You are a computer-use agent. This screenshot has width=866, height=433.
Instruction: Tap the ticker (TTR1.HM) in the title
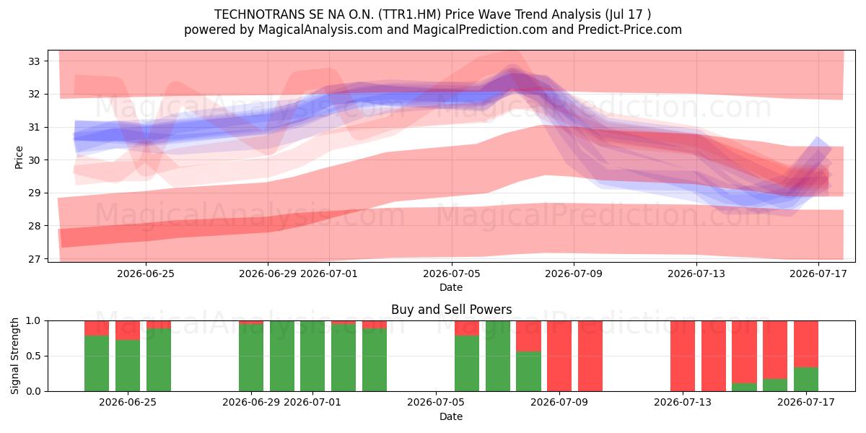click(x=409, y=14)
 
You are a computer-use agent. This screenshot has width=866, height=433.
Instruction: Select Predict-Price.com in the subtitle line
click(x=630, y=30)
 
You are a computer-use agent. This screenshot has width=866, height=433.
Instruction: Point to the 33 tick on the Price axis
click(x=34, y=61)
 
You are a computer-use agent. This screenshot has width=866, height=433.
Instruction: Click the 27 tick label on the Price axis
click(x=34, y=258)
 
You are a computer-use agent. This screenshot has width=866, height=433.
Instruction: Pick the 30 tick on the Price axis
click(x=34, y=160)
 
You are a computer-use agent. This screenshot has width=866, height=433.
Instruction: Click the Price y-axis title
click(x=19, y=157)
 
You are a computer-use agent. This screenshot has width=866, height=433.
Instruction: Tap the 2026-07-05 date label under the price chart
click(x=452, y=274)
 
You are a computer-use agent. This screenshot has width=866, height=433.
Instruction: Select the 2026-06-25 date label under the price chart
click(x=146, y=274)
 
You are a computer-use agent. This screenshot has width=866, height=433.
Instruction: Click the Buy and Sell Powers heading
click(x=451, y=310)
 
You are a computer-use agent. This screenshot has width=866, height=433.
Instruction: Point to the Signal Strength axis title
click(x=14, y=356)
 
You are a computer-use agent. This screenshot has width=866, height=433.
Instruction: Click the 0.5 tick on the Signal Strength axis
click(x=33, y=356)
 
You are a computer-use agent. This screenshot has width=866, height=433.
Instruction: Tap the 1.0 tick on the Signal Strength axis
click(x=33, y=321)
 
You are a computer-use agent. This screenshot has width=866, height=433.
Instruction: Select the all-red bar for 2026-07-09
click(x=559, y=356)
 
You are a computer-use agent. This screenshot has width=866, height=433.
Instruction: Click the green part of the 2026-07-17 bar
click(x=806, y=380)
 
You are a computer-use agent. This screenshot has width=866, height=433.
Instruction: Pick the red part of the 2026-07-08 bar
click(x=528, y=336)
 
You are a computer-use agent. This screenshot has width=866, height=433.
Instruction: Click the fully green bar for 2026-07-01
click(x=312, y=356)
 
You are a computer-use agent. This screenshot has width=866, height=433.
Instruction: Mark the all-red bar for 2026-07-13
click(x=683, y=356)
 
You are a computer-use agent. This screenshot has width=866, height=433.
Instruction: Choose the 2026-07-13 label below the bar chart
click(x=683, y=403)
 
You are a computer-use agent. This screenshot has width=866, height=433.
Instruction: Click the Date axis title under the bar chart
click(x=451, y=416)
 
